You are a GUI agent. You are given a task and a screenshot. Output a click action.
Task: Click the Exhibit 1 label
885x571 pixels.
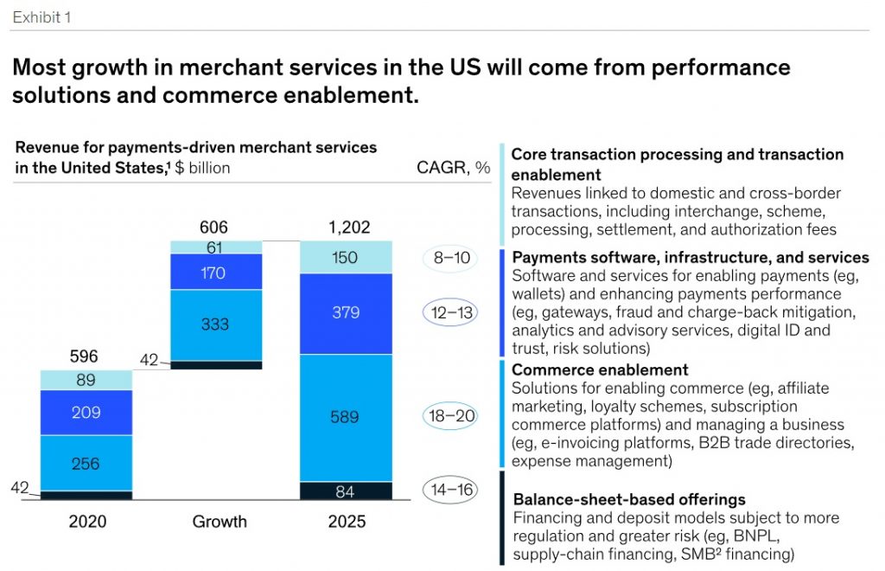tap(42, 16)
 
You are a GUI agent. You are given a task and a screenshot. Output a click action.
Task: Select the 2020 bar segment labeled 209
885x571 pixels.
tap(86, 413)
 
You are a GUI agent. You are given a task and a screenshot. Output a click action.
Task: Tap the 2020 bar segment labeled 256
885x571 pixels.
tap(86, 463)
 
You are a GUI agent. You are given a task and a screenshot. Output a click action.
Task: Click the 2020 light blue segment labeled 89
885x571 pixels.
tap(86, 380)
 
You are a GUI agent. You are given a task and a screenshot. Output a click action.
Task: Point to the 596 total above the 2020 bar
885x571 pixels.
tap(84, 356)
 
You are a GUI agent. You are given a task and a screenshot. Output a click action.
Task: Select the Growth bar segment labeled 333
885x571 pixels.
tap(214, 324)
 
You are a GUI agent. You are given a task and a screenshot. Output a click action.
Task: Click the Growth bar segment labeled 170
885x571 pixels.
tap(214, 272)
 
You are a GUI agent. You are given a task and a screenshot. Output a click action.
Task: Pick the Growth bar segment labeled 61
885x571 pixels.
tap(214, 247)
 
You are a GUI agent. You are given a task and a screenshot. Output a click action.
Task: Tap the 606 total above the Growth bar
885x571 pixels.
tap(213, 228)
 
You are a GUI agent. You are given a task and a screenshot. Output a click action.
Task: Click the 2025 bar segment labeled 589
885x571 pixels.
tap(346, 418)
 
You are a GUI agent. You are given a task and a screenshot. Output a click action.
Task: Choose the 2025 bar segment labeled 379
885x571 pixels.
tap(346, 313)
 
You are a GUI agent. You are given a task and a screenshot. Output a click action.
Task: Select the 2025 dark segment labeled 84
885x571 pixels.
tap(346, 491)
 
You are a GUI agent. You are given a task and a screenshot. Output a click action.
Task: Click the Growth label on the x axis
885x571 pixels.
tap(219, 522)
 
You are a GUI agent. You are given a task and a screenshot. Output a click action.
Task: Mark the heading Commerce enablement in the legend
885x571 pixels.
tap(588, 370)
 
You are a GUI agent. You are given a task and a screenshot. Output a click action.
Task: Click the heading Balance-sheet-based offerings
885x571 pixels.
tap(629, 499)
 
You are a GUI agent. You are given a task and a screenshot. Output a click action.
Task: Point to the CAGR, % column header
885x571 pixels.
tap(453, 168)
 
